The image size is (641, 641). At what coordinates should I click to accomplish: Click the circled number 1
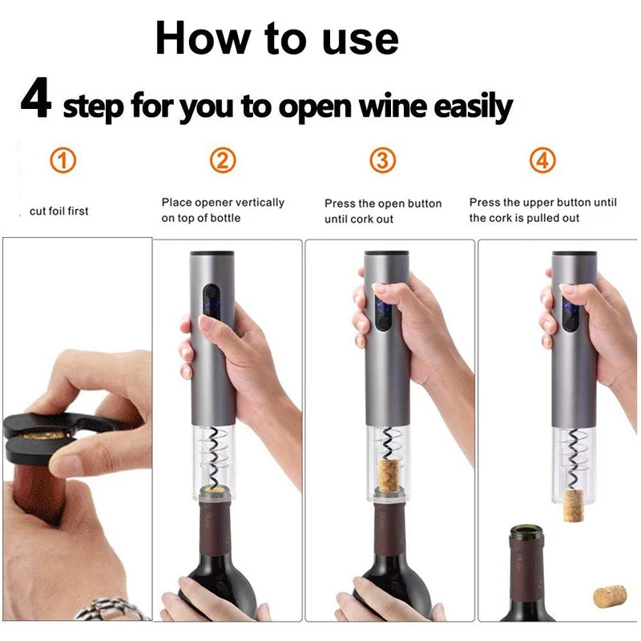(x=63, y=161)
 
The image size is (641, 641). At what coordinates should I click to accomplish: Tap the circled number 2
(x=223, y=161)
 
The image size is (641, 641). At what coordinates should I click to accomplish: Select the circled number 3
(x=383, y=161)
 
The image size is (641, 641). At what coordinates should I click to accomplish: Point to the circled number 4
(x=542, y=161)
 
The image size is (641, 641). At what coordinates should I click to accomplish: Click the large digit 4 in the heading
(x=37, y=100)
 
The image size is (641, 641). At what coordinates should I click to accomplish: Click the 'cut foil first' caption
(x=58, y=212)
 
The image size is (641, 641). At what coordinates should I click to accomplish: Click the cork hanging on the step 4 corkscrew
(x=573, y=505)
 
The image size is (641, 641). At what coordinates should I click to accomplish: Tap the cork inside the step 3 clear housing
(x=389, y=473)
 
